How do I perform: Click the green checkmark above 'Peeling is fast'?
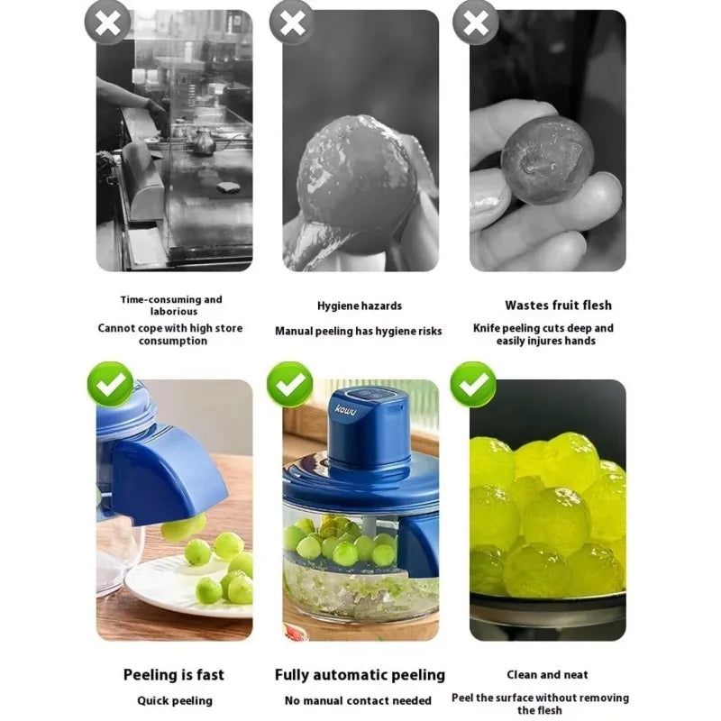coord(110,385)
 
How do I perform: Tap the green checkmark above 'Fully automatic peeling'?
coord(290,385)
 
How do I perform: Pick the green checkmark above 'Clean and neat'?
coord(473,385)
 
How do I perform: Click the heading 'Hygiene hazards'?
coord(360,306)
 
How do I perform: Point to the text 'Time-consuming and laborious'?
coord(171,306)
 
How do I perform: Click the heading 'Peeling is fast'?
coord(174,675)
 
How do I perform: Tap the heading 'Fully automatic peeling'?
coord(360,675)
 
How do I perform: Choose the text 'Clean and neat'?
coord(547,674)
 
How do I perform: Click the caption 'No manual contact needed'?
coord(358,700)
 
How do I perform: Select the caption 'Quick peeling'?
coord(175,700)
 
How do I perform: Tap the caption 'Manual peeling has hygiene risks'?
coord(359,331)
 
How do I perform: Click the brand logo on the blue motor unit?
coord(347,411)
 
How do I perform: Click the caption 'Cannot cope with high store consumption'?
coord(171,334)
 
